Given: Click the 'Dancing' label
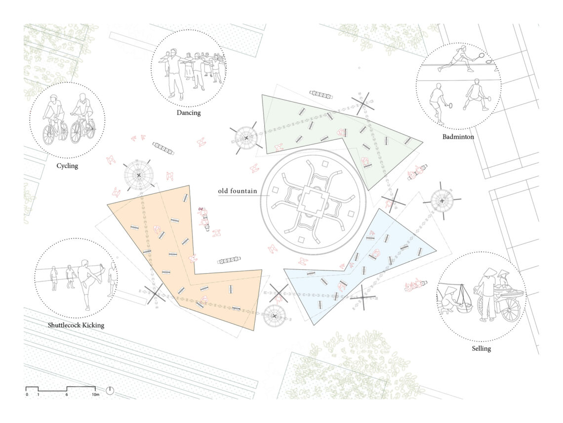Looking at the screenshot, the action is click(189, 113).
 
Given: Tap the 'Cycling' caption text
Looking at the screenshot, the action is click(67, 166).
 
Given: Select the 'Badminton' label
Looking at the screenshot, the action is click(458, 137).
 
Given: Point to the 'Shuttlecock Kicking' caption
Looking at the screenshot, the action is click(76, 325).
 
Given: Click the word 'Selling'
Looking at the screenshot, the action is click(481, 349).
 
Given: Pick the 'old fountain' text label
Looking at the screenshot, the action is click(238, 191).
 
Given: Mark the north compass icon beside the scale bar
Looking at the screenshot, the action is click(110, 391).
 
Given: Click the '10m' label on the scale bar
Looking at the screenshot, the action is click(95, 395).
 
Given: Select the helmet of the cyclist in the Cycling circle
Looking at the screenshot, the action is click(53, 98).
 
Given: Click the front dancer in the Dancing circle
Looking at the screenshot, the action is click(176, 74).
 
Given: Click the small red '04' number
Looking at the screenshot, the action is click(201, 209).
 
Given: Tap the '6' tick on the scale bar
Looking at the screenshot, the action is click(67, 395).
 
